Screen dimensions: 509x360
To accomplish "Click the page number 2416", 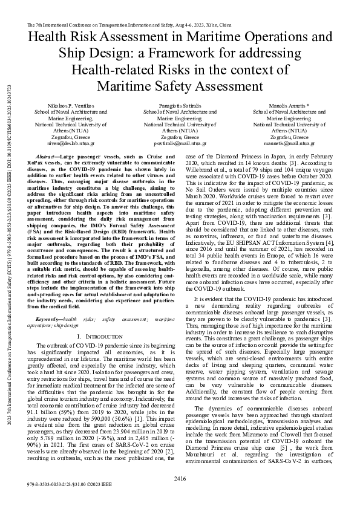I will pos(179,479).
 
